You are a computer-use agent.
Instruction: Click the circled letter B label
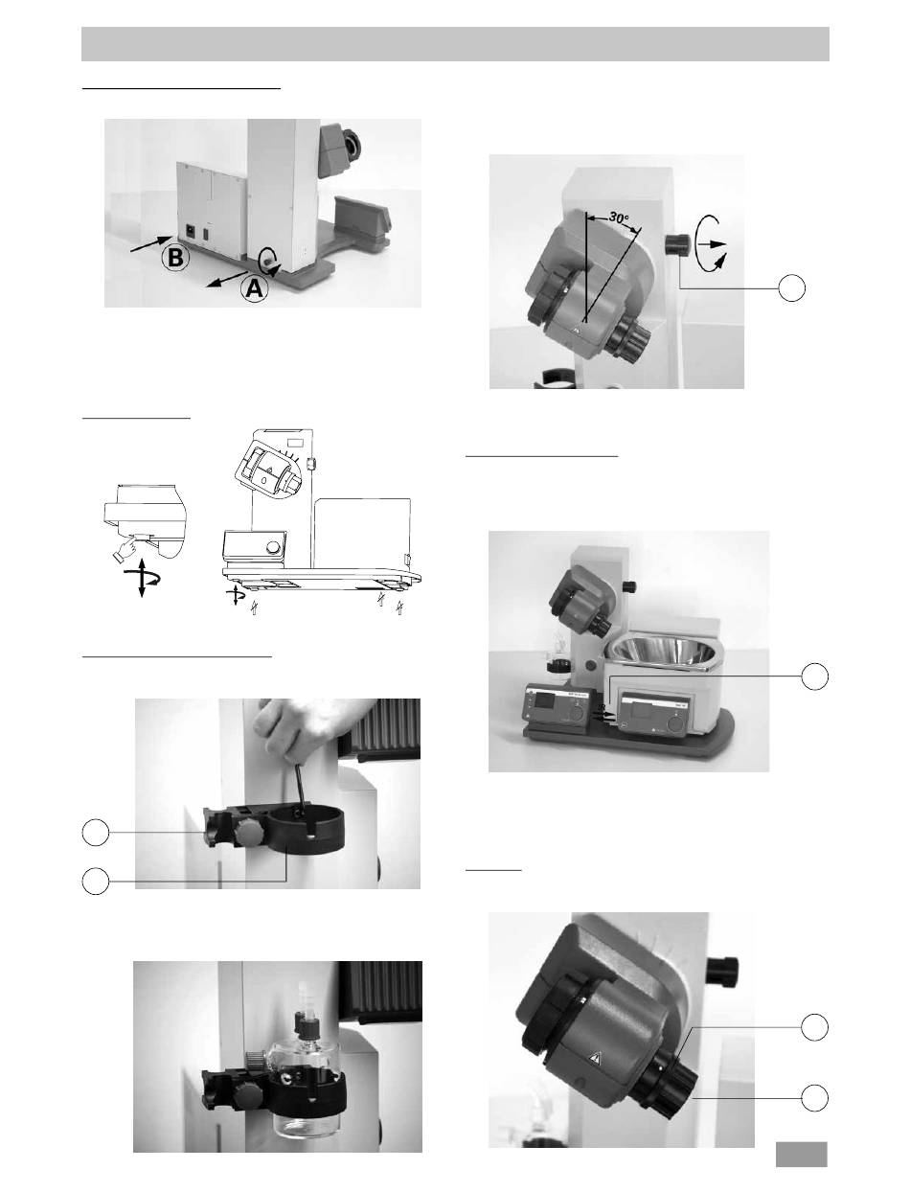tap(175, 257)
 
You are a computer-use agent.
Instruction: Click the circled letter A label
tap(254, 289)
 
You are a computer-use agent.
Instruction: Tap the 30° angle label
tap(619, 218)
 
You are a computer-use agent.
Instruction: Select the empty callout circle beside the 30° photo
tap(792, 287)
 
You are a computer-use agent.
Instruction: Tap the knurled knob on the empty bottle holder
tap(247, 832)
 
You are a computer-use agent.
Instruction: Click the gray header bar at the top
tap(455, 44)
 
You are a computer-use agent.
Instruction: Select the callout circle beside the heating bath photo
tap(814, 676)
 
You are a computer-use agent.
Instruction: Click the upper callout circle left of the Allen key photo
tap(96, 833)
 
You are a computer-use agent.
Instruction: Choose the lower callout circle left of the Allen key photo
tap(96, 881)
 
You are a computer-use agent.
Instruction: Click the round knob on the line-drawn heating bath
tap(276, 546)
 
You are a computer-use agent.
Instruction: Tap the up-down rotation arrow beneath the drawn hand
tap(142, 580)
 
